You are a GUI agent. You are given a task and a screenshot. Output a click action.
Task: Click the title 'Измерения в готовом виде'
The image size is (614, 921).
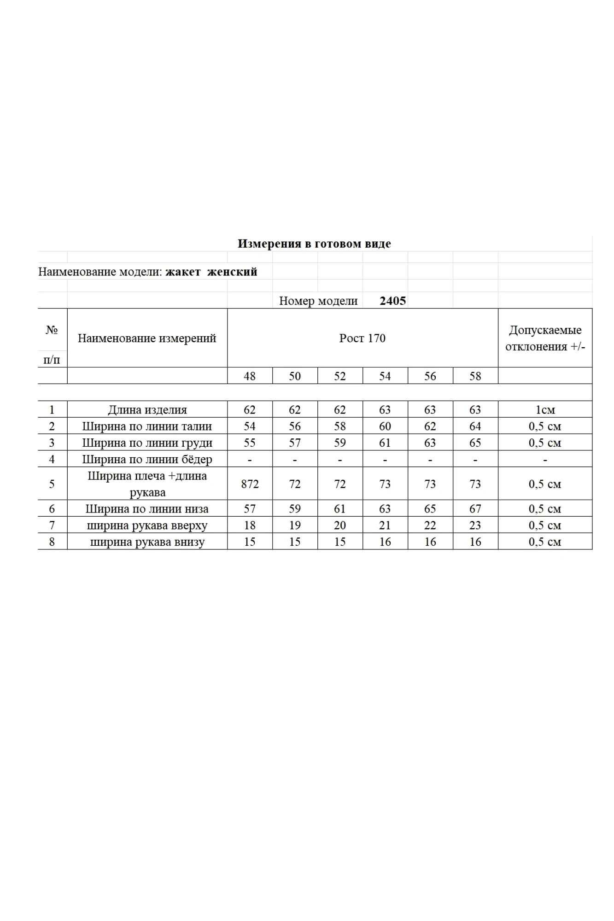[x=314, y=244]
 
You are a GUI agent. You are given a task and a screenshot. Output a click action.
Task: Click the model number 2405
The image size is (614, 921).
[x=392, y=301]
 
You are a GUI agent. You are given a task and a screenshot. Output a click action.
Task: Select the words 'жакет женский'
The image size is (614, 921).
[x=211, y=272]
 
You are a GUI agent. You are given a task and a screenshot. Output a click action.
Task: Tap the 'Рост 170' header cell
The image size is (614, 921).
[x=362, y=338]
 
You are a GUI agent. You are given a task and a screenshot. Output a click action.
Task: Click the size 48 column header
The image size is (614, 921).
[x=250, y=376]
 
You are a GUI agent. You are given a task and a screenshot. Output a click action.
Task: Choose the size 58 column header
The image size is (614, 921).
[x=475, y=376]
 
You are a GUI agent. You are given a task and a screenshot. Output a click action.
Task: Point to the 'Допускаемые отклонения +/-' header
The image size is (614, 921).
[x=545, y=338]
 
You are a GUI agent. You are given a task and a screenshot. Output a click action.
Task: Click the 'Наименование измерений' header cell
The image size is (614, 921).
[x=147, y=338]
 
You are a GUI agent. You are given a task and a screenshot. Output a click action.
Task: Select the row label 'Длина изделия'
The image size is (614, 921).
[x=147, y=410]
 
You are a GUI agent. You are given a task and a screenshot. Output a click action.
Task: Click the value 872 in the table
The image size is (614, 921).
[x=250, y=484]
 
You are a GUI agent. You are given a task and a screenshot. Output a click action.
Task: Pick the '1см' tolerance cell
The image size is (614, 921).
[x=545, y=410]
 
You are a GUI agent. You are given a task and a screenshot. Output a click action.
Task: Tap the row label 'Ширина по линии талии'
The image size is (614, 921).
[x=147, y=426]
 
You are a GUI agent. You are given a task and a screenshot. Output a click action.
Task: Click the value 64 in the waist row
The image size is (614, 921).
[x=475, y=426]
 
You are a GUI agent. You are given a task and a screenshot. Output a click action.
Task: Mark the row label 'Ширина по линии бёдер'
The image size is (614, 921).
[x=147, y=460]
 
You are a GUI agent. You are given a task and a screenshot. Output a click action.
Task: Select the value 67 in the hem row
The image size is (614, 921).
[x=475, y=509]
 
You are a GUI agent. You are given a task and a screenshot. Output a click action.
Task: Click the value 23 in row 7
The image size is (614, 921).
[x=475, y=525]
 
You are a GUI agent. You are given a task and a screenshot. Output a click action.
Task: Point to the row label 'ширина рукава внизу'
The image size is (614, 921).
[x=147, y=542]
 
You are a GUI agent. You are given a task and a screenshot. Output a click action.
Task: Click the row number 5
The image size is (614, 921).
[x=52, y=484]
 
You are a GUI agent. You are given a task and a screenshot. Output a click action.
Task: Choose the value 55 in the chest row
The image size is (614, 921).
[x=250, y=443]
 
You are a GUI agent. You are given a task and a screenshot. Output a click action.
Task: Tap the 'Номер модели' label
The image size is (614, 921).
[x=318, y=301]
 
